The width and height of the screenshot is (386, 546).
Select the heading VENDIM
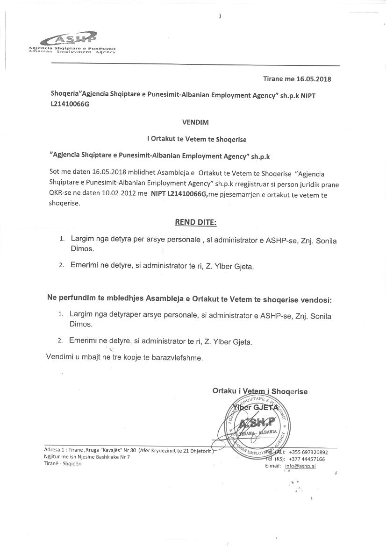point(195,122)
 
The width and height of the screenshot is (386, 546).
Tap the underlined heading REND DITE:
point(196,222)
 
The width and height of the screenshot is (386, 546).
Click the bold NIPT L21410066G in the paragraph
point(179,194)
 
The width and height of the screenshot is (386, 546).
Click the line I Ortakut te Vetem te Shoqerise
point(196,139)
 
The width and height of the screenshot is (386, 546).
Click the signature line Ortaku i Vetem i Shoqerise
point(260,391)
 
